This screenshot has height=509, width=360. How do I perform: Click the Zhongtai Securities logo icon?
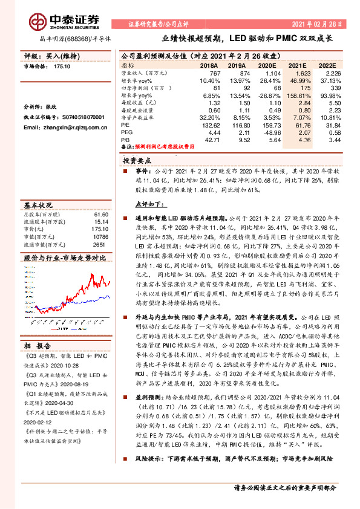(38, 22)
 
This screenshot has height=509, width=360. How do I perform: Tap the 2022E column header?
(326, 65)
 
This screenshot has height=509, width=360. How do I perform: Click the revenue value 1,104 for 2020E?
(258, 73)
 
